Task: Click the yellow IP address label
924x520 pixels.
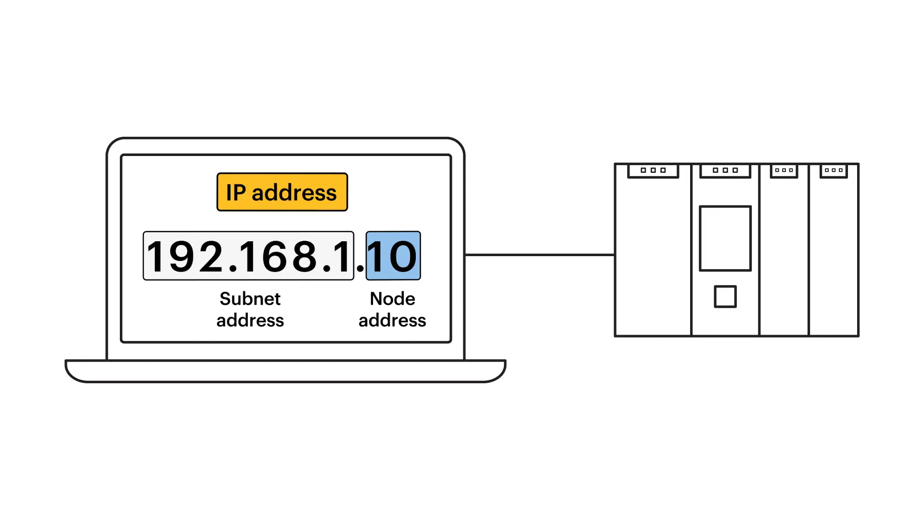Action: (282, 192)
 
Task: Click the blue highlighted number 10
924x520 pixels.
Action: (393, 256)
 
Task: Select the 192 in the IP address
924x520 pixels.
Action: (184, 256)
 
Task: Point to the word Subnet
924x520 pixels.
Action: (250, 299)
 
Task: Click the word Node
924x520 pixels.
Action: (392, 299)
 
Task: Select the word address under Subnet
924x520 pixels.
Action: (250, 321)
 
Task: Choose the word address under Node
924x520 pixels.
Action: (392, 321)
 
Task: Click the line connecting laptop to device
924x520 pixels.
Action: (539, 255)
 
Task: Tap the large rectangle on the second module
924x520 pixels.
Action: (725, 238)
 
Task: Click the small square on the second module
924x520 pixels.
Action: (725, 297)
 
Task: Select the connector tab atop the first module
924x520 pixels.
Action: (653, 170)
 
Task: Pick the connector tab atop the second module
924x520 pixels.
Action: (725, 170)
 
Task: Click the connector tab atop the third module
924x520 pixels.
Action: (784, 170)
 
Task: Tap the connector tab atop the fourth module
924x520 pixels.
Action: (834, 170)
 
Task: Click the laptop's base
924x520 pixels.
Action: (285, 371)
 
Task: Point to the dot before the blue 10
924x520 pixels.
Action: (360, 268)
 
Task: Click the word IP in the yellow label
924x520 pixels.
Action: (236, 193)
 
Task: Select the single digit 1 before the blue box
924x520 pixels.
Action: (343, 256)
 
